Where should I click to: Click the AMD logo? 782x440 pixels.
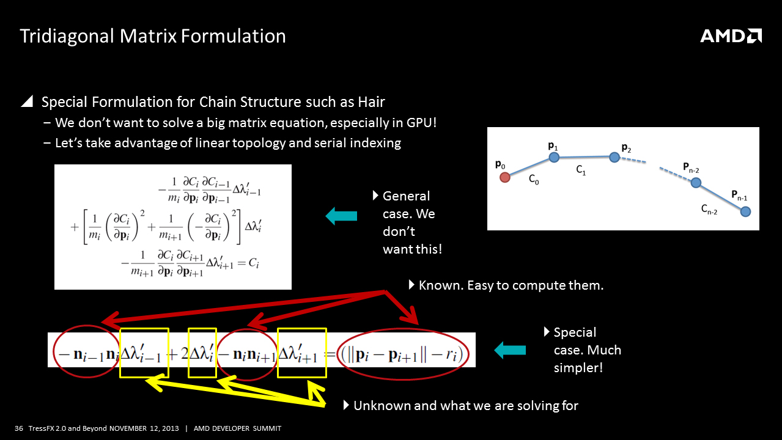pos(731,36)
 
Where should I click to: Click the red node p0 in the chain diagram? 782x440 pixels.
pos(505,178)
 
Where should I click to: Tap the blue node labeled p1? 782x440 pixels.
pos(554,158)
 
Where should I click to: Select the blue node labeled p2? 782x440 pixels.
pos(614,158)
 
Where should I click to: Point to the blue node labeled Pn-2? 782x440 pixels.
pos(696,183)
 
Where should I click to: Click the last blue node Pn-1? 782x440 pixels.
pos(745,211)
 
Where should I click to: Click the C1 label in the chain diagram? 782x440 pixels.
pos(581,170)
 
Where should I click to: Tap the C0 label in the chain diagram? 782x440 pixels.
pos(534,179)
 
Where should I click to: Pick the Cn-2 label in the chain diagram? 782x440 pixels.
pos(709,210)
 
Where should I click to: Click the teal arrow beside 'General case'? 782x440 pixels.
pos(341,216)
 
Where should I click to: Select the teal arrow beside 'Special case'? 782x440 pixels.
pos(510,350)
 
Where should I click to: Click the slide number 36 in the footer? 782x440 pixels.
pos(19,428)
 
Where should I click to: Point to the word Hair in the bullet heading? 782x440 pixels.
pos(371,102)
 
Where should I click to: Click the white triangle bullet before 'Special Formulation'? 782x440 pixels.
pos(28,101)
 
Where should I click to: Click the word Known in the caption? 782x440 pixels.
pos(441,285)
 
